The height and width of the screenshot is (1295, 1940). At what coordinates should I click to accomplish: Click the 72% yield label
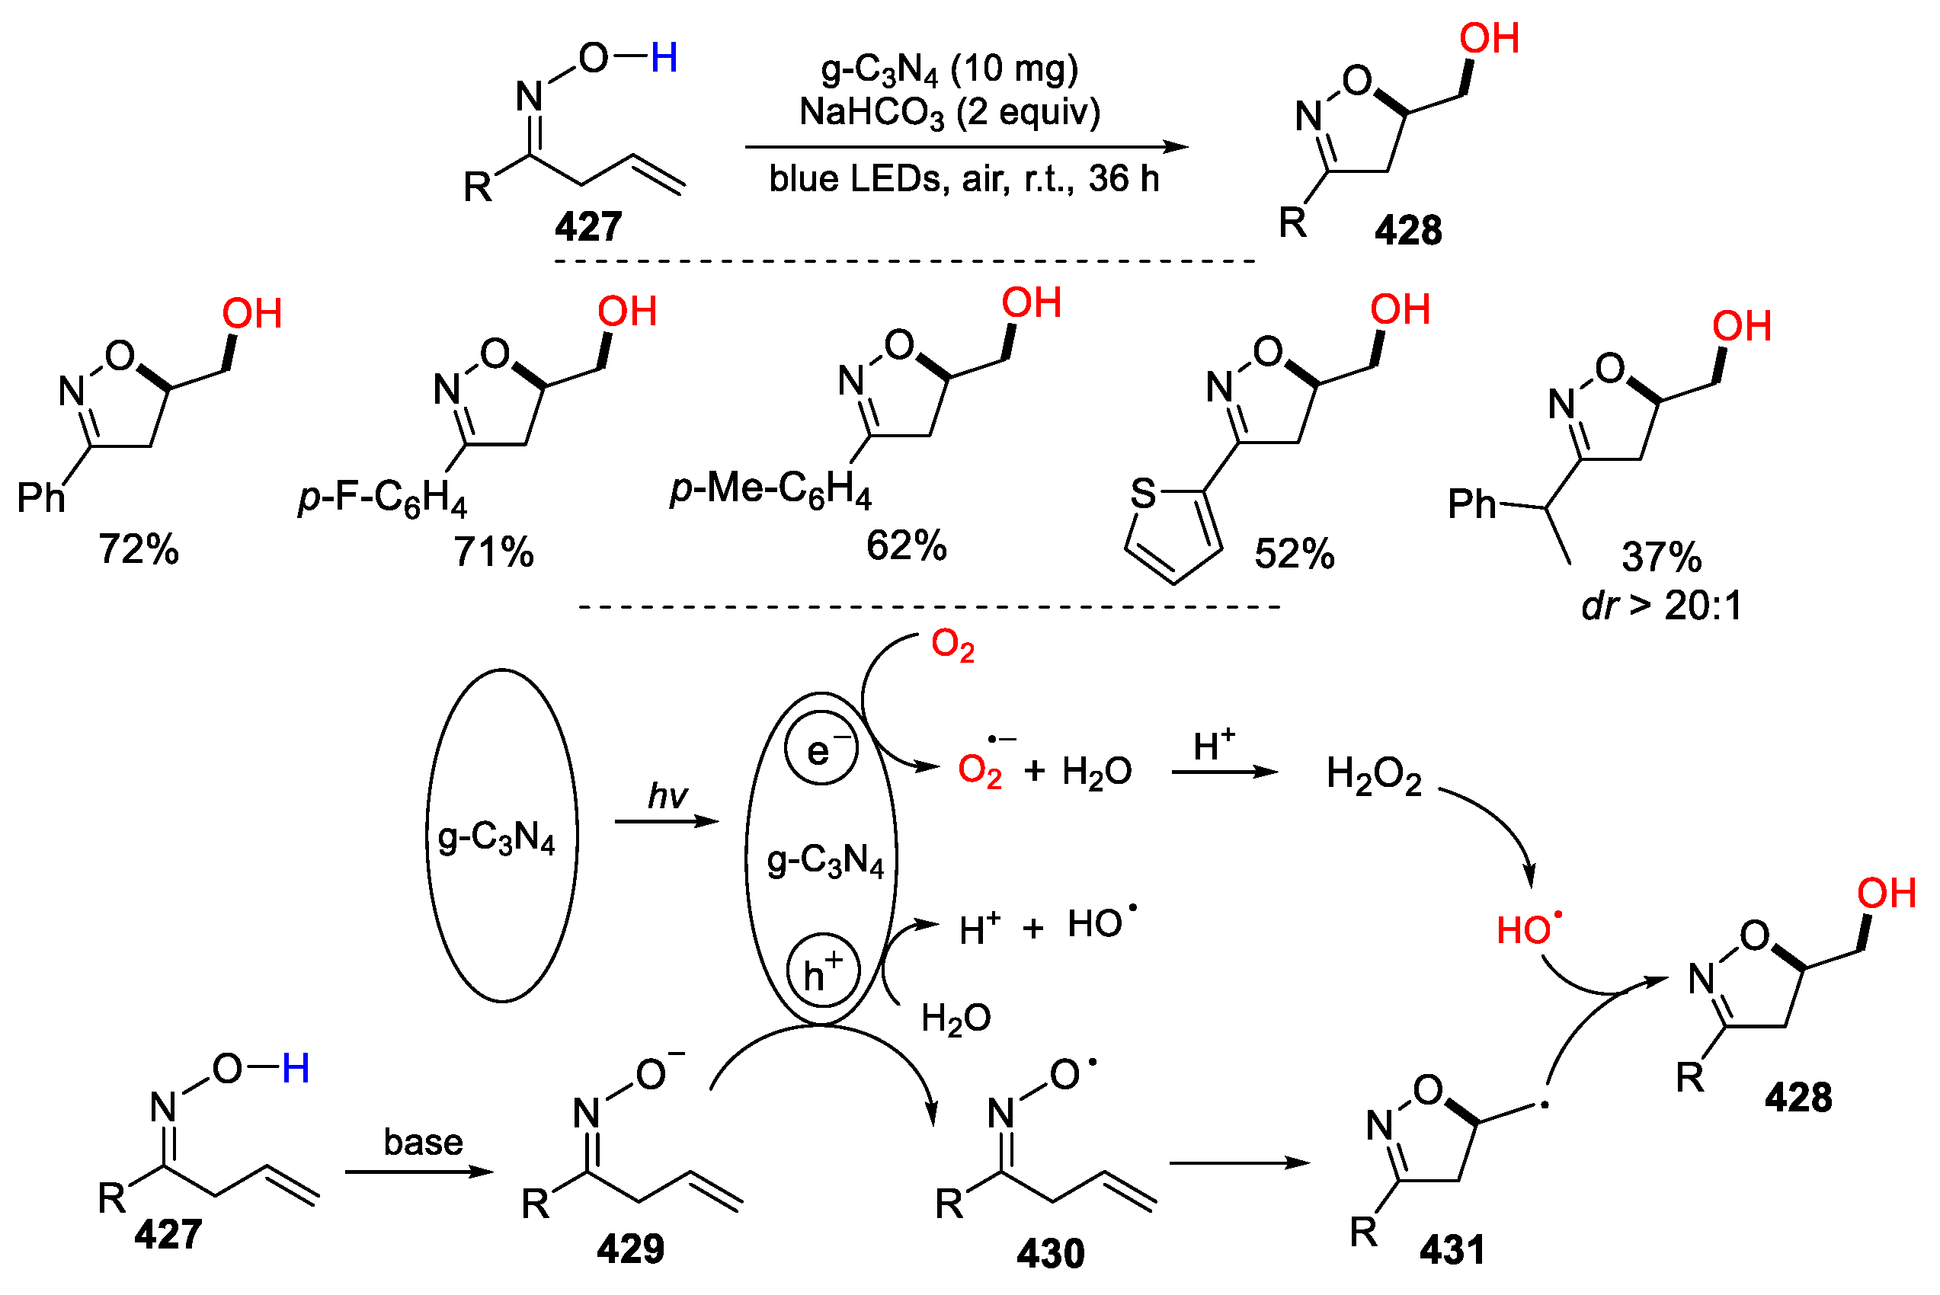point(138,550)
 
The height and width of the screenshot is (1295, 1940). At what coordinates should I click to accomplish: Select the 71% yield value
point(493,552)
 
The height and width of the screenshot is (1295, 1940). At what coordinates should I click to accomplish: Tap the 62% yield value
point(906,546)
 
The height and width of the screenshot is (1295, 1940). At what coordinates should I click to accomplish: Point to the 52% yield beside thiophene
point(1294,554)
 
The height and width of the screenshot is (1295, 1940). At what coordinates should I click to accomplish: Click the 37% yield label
point(1661,558)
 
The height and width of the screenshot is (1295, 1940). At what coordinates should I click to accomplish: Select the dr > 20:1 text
point(1661,606)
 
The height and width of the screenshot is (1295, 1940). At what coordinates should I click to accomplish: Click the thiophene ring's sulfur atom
point(1143,494)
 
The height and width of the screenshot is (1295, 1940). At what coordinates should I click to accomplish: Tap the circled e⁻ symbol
point(821,748)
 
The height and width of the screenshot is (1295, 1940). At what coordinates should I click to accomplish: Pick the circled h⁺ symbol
point(821,970)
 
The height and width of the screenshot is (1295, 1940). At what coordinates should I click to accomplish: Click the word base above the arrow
point(423,1142)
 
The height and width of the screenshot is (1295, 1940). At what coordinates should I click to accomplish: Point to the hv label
point(667,796)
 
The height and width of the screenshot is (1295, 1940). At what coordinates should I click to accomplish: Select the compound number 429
point(630,1249)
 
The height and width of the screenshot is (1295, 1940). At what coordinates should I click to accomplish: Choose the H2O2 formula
point(1373,776)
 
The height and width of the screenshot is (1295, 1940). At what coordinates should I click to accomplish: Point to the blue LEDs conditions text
point(964,179)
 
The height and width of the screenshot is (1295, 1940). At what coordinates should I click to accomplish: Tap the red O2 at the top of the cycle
point(952,645)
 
